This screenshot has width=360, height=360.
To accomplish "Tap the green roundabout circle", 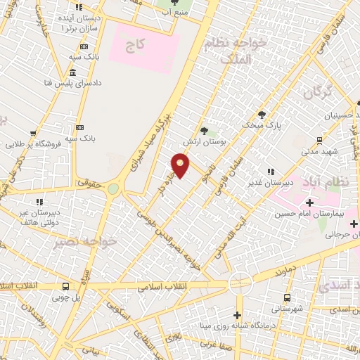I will (113, 188).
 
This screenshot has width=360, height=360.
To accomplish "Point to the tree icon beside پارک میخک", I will (262, 115).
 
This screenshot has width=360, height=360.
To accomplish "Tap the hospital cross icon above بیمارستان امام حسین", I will (309, 203).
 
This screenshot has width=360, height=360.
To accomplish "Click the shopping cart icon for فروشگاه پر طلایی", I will (32, 133).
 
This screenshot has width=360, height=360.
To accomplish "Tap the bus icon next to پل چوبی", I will (65, 286).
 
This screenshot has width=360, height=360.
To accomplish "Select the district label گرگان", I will (317, 91).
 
